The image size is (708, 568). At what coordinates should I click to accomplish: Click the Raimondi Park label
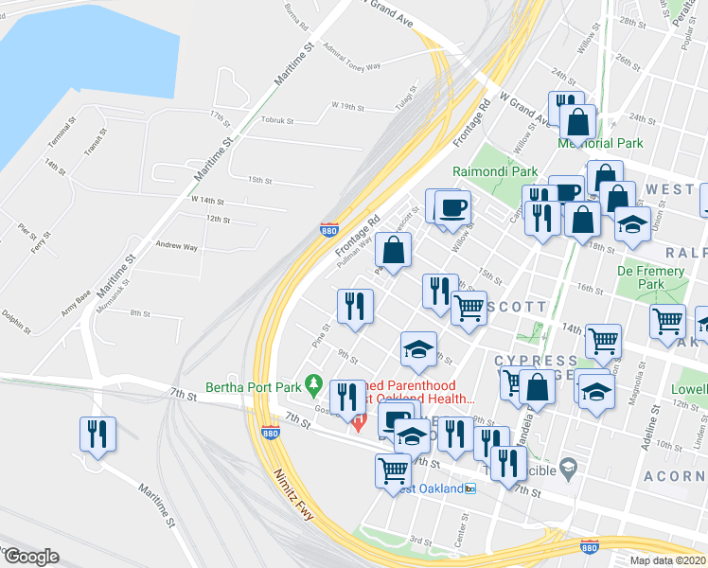click(495, 171)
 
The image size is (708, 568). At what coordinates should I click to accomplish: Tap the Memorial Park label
click(600, 143)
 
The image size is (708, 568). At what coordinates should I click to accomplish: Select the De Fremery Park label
click(650, 277)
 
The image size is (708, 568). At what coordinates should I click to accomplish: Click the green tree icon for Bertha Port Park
click(321, 387)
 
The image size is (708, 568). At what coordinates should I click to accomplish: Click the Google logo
click(30, 557)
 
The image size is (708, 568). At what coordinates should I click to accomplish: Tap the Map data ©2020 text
click(668, 560)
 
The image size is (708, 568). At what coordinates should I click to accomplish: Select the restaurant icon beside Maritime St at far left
click(97, 435)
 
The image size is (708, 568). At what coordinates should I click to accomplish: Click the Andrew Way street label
click(177, 246)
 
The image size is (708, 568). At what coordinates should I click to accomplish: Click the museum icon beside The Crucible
click(568, 465)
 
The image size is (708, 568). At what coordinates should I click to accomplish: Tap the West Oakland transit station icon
click(470, 488)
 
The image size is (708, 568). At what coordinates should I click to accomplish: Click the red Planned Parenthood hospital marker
click(358, 422)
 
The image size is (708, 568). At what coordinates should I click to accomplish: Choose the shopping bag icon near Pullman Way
click(392, 251)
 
